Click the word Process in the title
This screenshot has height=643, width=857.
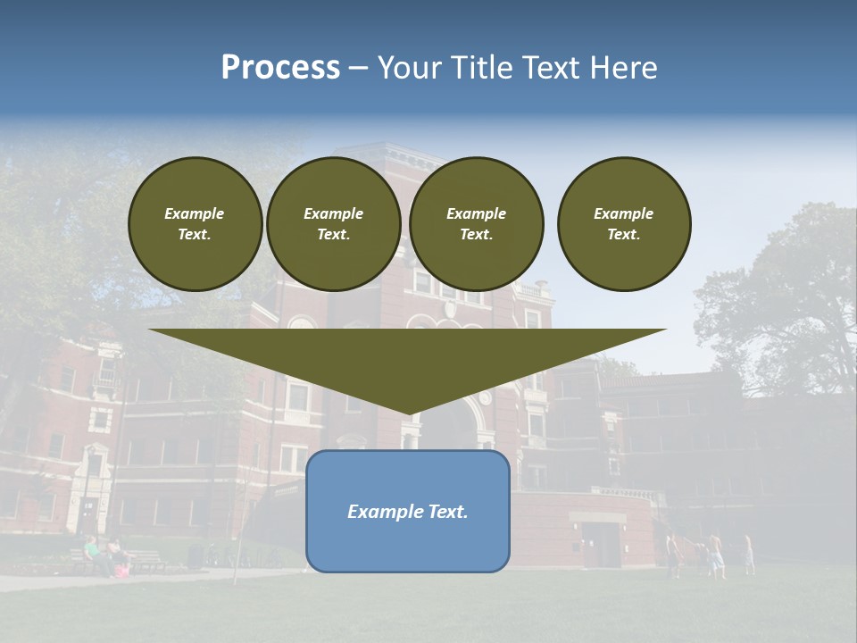[x=280, y=68]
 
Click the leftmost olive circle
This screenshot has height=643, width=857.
[x=196, y=224]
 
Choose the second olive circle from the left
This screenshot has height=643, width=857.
[x=333, y=224]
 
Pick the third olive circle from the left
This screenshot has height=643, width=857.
[x=477, y=224]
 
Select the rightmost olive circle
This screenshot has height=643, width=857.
[x=624, y=224]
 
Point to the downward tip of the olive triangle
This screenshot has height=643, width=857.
[x=408, y=413]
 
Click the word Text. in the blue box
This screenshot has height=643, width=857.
[x=446, y=512]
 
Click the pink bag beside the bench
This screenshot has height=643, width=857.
[x=121, y=570]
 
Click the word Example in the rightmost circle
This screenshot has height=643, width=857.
[x=624, y=213]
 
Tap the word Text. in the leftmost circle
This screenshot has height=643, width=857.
[x=196, y=235]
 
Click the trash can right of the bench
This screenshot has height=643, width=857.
[x=195, y=555]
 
